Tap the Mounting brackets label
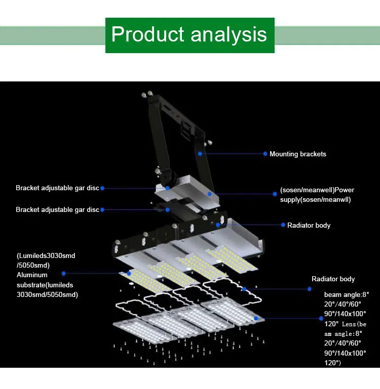(x=298, y=154)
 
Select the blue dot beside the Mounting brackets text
(x=265, y=154)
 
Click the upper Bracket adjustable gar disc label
(x=57, y=188)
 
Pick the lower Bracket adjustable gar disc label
(x=57, y=210)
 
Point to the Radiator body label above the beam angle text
(x=333, y=279)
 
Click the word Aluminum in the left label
(x=32, y=275)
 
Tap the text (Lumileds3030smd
(x=46, y=256)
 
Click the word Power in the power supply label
(x=344, y=190)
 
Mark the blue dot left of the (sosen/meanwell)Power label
(x=275, y=194)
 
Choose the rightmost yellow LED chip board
(x=232, y=260)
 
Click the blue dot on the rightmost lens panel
(x=256, y=318)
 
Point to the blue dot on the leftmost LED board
(x=129, y=273)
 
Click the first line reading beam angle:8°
(x=347, y=295)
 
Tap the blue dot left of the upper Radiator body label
(x=283, y=225)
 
